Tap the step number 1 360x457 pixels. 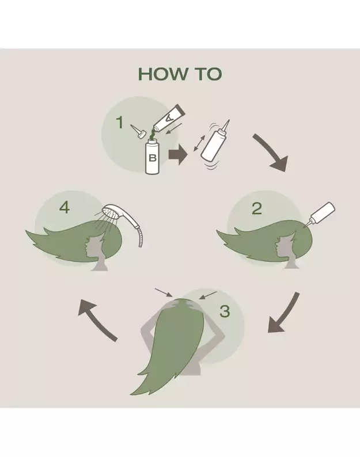120,123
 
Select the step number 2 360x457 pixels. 257,209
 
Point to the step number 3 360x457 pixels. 225,311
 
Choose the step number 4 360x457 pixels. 65,208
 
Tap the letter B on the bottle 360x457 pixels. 152,158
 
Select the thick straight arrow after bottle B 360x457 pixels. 178,154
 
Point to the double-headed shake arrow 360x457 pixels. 199,143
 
